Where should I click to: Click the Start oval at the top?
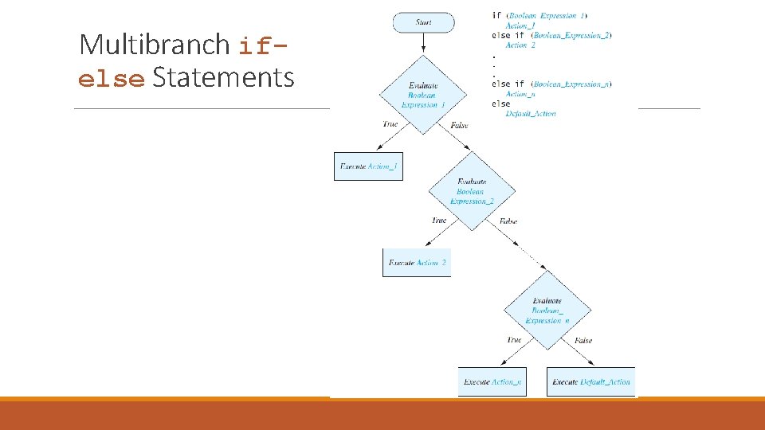[x=423, y=22]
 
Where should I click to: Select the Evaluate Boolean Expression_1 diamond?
[x=423, y=95]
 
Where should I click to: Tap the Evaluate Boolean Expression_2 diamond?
[x=472, y=191]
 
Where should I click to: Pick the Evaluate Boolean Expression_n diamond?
[x=547, y=311]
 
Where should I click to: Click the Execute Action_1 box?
[x=368, y=166]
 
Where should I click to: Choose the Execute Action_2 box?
[x=417, y=263]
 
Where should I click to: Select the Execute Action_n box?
[x=492, y=381]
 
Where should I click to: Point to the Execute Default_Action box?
[x=590, y=381]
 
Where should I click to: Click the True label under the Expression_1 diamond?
[x=390, y=124]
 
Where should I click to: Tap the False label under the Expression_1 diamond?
[x=459, y=125]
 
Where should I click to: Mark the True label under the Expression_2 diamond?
[x=439, y=220]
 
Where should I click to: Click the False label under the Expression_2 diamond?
[x=508, y=221]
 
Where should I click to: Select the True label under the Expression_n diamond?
[x=514, y=340]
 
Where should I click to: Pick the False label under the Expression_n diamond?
[x=583, y=341]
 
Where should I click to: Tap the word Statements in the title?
[x=223, y=78]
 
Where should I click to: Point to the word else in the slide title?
[x=112, y=80]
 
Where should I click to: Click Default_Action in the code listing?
[x=531, y=114]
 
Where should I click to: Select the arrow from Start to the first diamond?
[x=423, y=45]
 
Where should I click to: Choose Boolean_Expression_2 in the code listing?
[x=571, y=36]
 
